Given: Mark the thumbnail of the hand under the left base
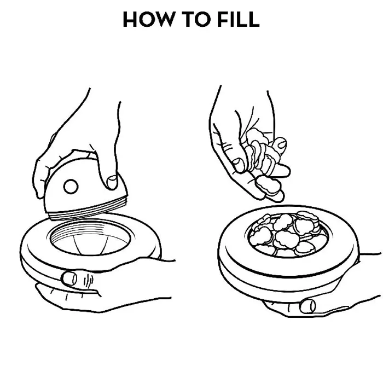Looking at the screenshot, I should tap(69, 278).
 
